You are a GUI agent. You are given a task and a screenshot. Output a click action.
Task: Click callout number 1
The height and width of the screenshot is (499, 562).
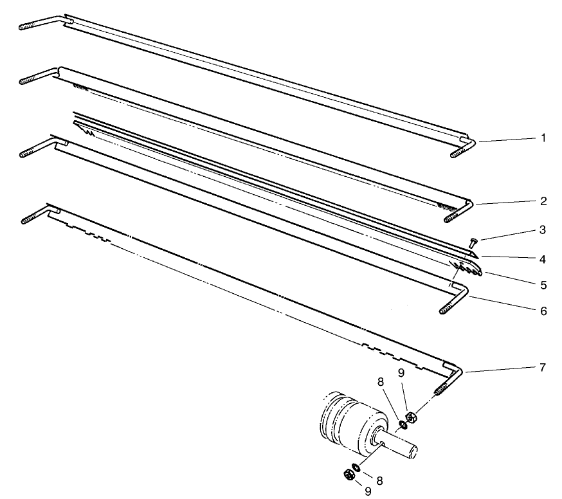point(543,138)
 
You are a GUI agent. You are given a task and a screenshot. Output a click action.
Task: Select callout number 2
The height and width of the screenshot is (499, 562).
point(543,201)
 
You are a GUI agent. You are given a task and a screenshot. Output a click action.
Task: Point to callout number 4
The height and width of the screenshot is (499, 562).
point(543,259)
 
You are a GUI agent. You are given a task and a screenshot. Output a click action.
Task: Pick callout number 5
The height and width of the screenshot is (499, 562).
point(543,284)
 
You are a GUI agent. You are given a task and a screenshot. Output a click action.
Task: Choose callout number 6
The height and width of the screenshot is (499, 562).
point(543,311)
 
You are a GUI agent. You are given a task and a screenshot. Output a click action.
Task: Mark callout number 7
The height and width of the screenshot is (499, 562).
point(543,367)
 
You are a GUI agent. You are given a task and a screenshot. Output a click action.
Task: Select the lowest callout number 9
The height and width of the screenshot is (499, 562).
point(368,491)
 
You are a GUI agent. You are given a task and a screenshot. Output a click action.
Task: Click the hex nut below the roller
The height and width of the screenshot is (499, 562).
point(347,475)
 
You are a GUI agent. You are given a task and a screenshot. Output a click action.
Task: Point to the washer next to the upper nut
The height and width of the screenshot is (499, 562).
point(403,424)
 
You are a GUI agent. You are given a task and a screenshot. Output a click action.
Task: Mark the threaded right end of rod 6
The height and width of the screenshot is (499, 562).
point(449,309)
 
